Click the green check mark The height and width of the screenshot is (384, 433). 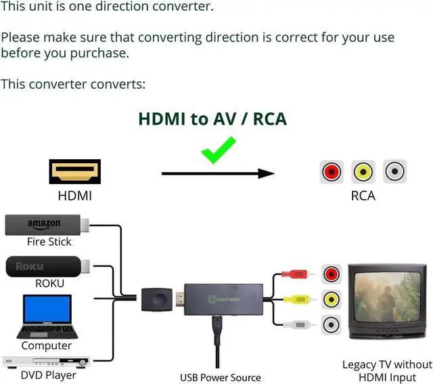[218, 149]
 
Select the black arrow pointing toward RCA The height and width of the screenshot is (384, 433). [218, 174]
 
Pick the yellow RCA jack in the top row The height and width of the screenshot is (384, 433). [363, 172]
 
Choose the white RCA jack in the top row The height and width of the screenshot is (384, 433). [394, 172]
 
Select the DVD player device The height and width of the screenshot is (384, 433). [45, 362]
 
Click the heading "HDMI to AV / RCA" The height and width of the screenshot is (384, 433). [212, 119]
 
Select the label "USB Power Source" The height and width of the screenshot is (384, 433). [220, 377]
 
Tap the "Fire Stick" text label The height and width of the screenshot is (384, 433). [49, 241]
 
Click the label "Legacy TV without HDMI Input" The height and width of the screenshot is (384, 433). [386, 371]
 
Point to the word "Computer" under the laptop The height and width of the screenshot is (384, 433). [46, 345]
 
